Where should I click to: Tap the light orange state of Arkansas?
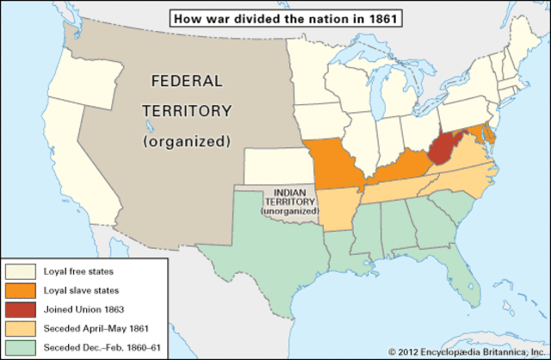click(x=337, y=210)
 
